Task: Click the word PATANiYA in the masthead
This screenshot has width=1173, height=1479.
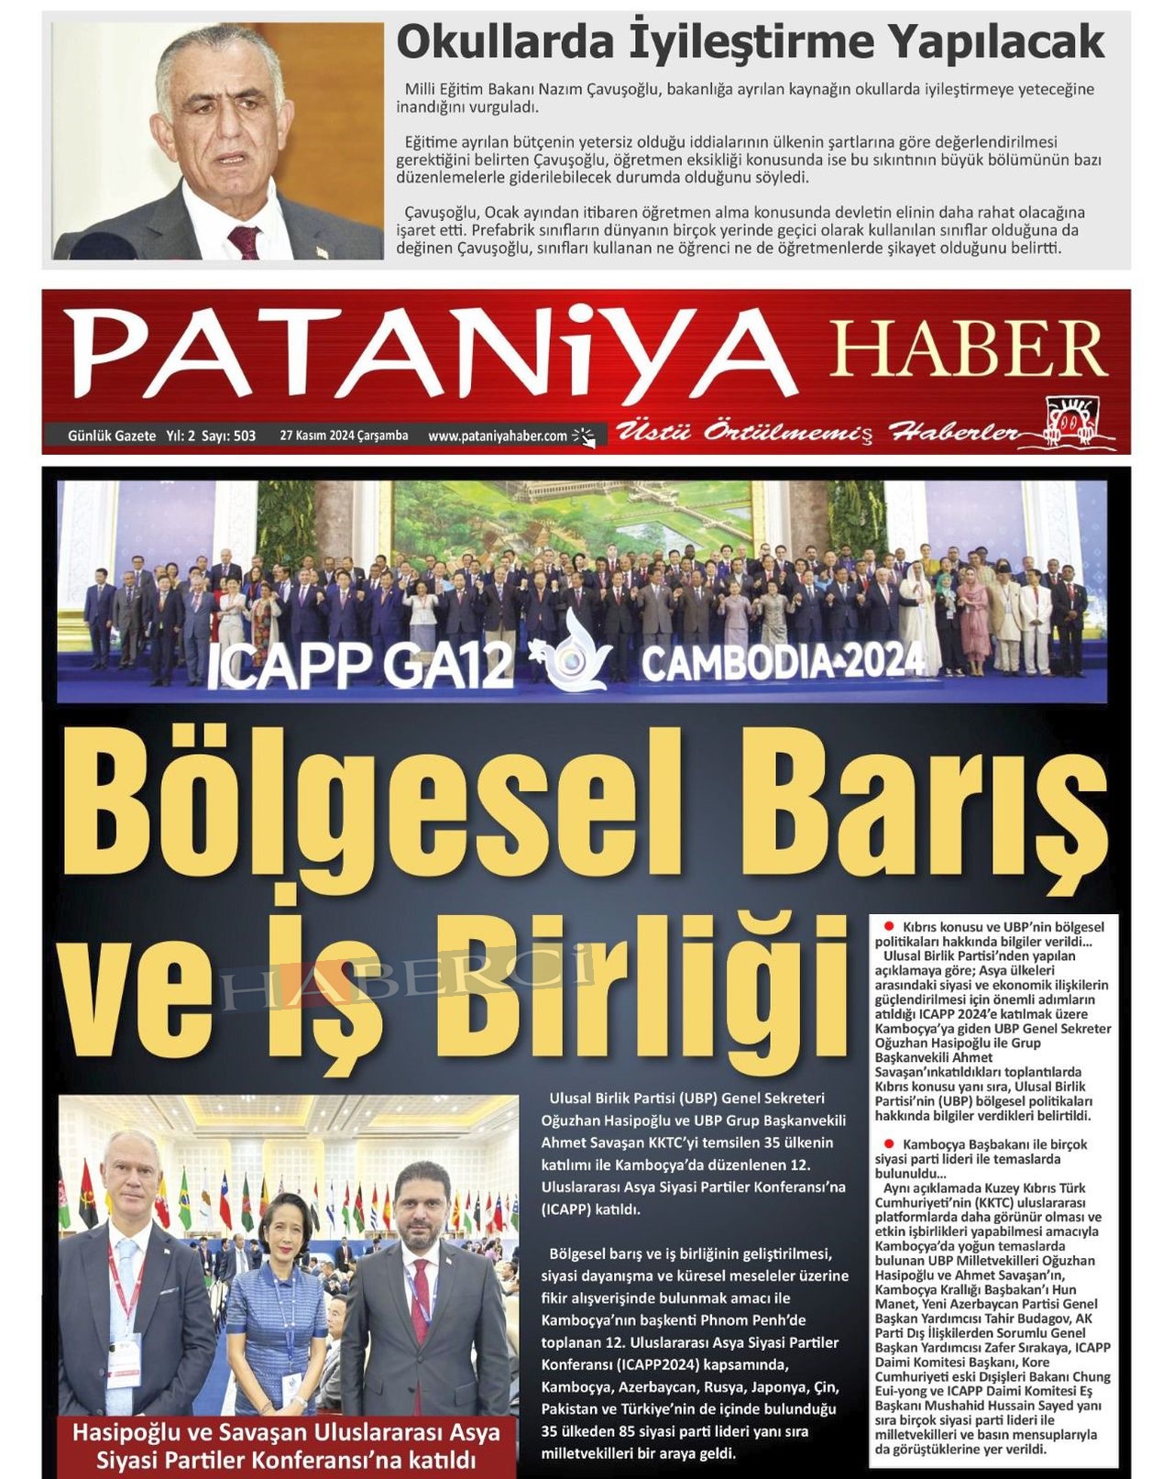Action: [x=429, y=355]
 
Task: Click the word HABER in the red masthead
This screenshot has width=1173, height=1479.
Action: [x=968, y=349]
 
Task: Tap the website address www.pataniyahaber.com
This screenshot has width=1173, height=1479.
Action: [x=498, y=436]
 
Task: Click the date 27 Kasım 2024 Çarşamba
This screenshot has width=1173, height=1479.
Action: [x=344, y=436]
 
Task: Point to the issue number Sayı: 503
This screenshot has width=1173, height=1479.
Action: [x=235, y=436]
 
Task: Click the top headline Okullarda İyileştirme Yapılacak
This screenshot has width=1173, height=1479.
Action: [x=750, y=43]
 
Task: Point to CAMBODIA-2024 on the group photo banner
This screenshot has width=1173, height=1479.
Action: [x=784, y=662]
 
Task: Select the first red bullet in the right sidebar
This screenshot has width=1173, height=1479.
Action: [x=888, y=927]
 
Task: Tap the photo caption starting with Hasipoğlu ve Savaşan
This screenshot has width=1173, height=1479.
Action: [x=286, y=1444]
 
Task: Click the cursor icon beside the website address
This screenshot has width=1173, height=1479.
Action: [x=584, y=436]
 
